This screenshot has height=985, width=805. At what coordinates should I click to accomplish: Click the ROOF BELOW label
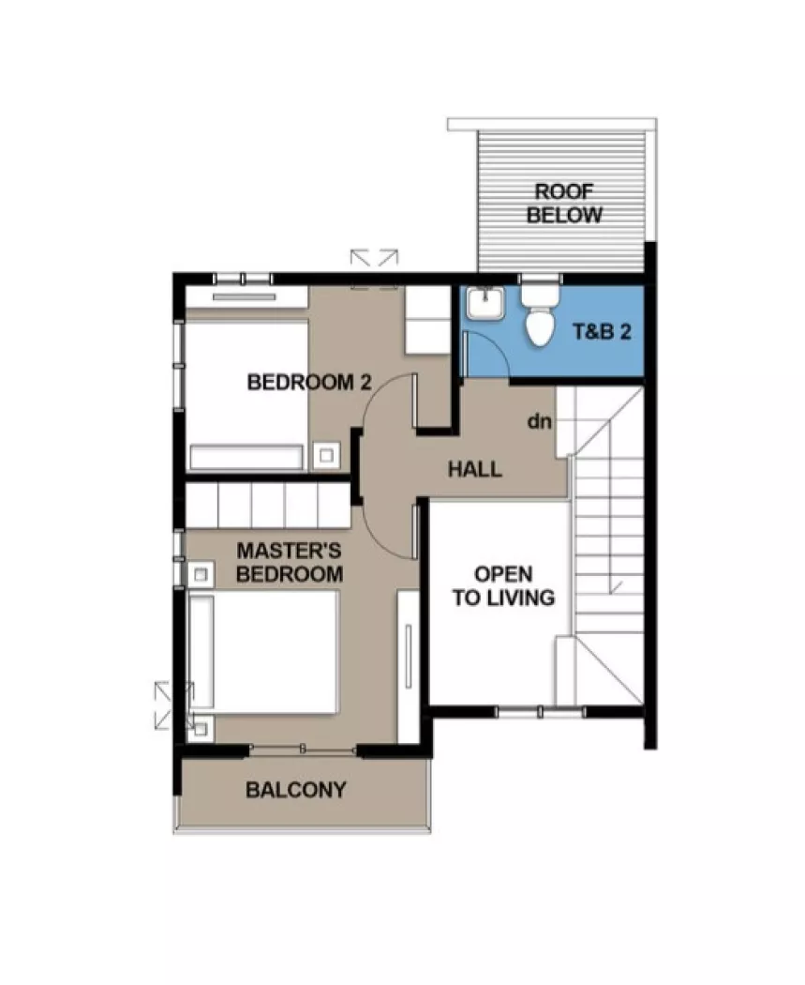pos(564,203)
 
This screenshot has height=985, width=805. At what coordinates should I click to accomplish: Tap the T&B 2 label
pos(601,332)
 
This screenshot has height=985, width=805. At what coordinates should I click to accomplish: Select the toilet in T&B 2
pos(540,314)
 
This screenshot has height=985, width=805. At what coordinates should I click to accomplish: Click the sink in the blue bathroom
pos(485,304)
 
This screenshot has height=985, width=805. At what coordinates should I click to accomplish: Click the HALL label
pos(474,469)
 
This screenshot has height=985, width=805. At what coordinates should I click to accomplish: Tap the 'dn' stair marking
pos(538,421)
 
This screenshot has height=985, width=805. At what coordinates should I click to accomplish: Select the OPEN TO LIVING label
pos(503,585)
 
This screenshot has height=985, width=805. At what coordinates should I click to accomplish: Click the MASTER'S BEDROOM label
pos(289,562)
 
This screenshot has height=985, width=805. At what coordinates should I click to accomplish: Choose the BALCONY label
pos(295,790)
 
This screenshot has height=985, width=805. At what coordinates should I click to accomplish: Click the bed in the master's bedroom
pos(264,651)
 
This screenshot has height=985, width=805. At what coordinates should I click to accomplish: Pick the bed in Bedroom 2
pos(246,394)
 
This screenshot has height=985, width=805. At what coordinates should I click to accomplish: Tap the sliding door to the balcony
pos(303,748)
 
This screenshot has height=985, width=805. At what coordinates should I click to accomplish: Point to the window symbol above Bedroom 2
pos(375,257)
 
